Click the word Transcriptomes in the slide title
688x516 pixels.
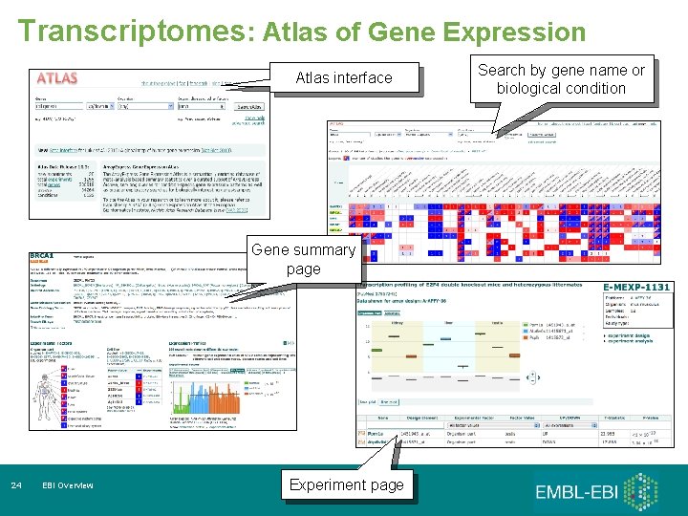tap(131, 31)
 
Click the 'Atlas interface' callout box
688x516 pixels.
tap(344, 77)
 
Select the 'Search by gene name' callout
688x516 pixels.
tap(561, 79)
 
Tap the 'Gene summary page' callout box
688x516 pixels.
tap(304, 259)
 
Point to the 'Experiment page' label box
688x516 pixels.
tap(347, 484)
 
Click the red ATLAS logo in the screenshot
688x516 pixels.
tap(56, 77)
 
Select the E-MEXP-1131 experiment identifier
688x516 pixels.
tap(638, 287)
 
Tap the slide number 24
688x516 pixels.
tap(16, 485)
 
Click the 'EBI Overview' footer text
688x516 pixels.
tap(68, 485)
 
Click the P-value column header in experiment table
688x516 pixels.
tap(650, 417)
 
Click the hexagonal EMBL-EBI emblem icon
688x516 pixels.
tap(647, 491)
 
